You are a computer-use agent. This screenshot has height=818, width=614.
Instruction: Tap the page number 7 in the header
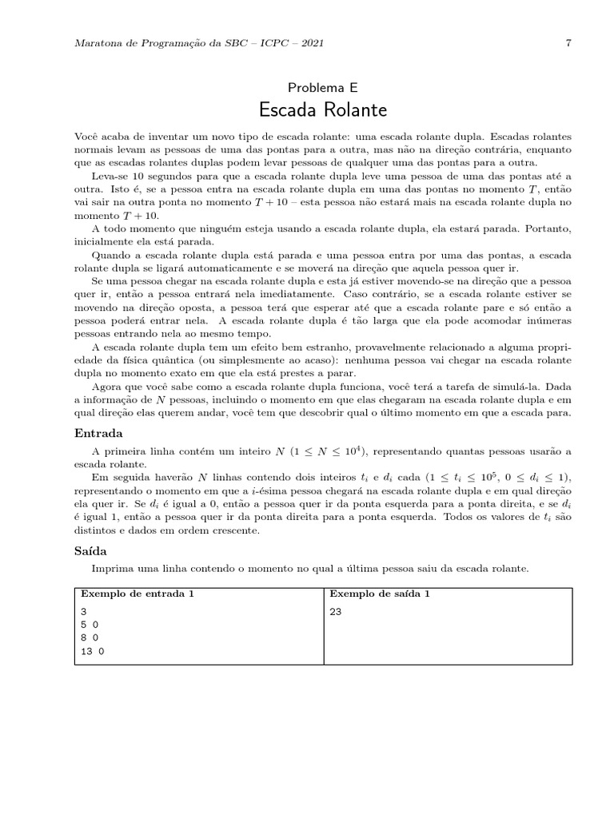point(568,43)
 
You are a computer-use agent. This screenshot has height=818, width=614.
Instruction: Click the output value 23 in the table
point(336,611)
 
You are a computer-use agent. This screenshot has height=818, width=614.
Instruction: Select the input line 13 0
point(92,652)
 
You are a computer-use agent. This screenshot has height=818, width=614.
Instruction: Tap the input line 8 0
point(89,638)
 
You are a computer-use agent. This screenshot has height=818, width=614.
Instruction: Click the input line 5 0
point(89,625)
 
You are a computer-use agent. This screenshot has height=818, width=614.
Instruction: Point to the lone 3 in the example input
point(83,611)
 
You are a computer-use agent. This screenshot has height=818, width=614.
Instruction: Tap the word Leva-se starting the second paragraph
point(111,174)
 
